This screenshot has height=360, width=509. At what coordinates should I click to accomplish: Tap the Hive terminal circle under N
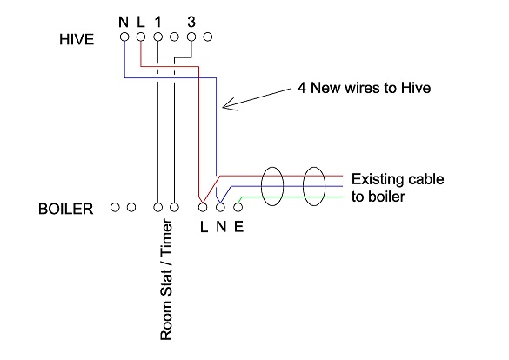click(124, 37)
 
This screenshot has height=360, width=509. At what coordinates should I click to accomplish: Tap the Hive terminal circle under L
click(141, 37)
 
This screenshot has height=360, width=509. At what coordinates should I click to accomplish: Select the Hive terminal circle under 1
click(157, 37)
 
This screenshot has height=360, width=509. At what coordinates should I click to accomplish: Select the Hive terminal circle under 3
click(191, 37)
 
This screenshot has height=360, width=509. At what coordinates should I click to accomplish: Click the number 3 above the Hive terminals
click(191, 20)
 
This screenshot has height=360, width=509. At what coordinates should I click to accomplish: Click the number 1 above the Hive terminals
click(157, 20)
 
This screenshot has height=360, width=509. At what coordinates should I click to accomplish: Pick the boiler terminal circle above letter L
click(203, 207)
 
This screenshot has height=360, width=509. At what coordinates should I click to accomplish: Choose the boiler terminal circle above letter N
click(219, 207)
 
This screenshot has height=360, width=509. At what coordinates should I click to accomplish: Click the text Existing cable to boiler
click(397, 188)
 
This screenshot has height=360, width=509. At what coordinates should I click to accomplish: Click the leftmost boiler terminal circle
click(115, 207)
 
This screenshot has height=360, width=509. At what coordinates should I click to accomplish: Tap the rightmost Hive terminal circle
click(207, 37)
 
